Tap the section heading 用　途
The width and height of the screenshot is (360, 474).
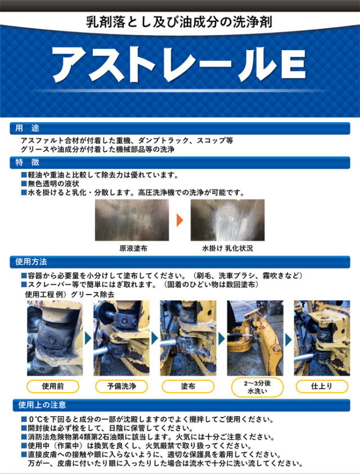click(x=27, y=128)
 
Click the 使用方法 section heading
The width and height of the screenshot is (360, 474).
click(x=31, y=262)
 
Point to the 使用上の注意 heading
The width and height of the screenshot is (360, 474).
click(x=42, y=405)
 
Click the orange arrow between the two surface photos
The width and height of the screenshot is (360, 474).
click(x=179, y=220)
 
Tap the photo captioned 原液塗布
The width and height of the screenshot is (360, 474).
click(x=132, y=220)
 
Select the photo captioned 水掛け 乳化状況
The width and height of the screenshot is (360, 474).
click(x=227, y=220)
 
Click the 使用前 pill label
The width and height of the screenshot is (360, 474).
click(x=53, y=386)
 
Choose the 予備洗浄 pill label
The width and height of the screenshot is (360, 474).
click(x=121, y=386)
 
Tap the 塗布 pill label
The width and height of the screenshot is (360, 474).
click(x=188, y=386)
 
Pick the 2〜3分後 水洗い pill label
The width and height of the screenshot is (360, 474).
click(x=257, y=387)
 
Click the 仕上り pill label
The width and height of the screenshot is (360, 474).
click(x=322, y=386)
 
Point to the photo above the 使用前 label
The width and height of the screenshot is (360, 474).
click(x=55, y=338)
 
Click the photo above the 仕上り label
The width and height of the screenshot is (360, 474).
click(x=322, y=338)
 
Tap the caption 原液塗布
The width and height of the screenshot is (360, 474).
click(x=133, y=249)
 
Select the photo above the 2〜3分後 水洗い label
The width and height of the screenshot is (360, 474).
click(x=255, y=338)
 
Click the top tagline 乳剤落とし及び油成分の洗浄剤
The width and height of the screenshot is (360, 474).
click(x=179, y=22)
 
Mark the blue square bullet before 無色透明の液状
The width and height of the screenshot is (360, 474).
click(x=24, y=183)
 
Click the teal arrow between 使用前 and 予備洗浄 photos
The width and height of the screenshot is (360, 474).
click(x=88, y=338)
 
